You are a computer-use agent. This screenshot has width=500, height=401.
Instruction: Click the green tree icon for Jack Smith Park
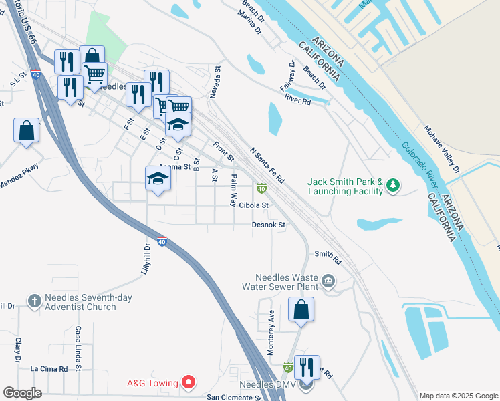[x=394, y=185]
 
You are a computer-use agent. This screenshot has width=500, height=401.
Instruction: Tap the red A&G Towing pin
[x=189, y=382]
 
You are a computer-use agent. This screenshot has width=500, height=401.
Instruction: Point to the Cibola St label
[x=253, y=205]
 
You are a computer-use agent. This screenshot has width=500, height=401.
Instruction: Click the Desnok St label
[x=269, y=225]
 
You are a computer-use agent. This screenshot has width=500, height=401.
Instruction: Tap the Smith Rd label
[x=328, y=255]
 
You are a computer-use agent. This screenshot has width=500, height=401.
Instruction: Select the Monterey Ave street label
[x=271, y=332]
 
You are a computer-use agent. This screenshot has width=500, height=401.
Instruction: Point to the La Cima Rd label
[x=49, y=368]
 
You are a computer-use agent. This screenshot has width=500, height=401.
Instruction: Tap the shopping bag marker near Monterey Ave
[x=301, y=309]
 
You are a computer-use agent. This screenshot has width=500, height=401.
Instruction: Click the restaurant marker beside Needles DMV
[x=307, y=368]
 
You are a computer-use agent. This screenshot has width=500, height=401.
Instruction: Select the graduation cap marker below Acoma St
[x=158, y=178]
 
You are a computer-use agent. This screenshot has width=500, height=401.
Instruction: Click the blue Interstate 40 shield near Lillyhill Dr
[x=162, y=241]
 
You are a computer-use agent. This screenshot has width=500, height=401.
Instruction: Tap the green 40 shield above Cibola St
[x=261, y=190]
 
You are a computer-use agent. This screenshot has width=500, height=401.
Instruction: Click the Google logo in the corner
[x=21, y=393]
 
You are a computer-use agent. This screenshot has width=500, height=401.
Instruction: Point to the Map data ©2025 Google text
[x=459, y=396]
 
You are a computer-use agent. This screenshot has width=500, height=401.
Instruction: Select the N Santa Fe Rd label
[x=267, y=166]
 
